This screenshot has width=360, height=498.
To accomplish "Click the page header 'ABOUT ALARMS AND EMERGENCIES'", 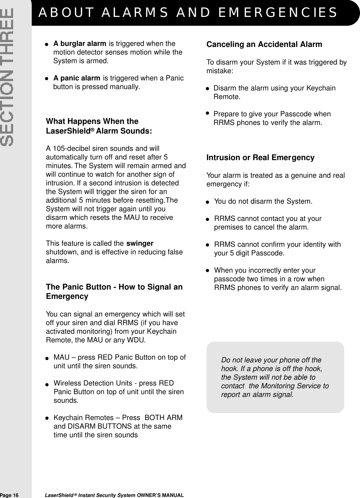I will click(188, 12).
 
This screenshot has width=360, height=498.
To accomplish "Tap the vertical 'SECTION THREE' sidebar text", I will click(7, 77).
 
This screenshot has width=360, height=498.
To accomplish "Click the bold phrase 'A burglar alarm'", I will click(80, 44).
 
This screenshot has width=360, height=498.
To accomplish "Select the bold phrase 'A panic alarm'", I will click(77, 78).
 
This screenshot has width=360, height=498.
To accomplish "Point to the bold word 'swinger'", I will click(140, 244).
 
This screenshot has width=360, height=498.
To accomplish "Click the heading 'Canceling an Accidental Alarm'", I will click(264, 45).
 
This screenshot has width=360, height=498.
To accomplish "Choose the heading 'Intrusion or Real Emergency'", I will click(260, 158).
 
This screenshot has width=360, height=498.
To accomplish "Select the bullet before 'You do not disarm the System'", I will click(208, 202).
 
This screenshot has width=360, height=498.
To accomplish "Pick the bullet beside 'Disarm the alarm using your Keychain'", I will click(208, 89).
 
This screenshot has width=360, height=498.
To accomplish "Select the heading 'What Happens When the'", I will click(92, 121).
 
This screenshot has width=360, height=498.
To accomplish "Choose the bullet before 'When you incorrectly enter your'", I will click(208, 271).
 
